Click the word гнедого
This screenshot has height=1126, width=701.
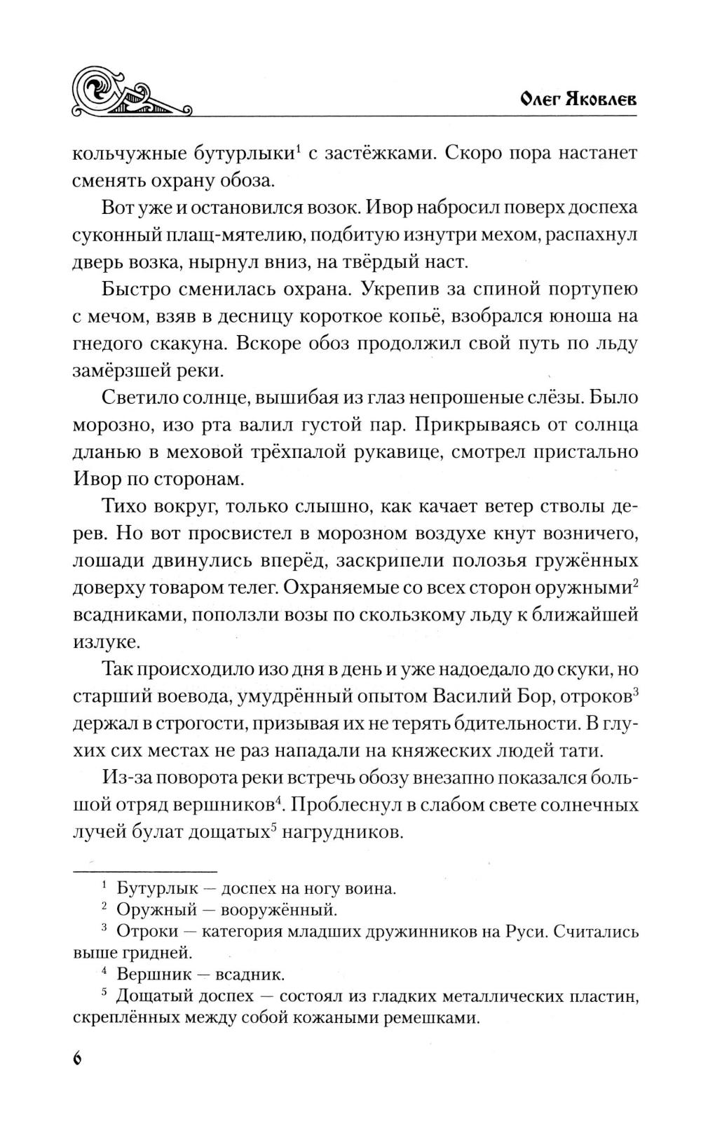(111, 344)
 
